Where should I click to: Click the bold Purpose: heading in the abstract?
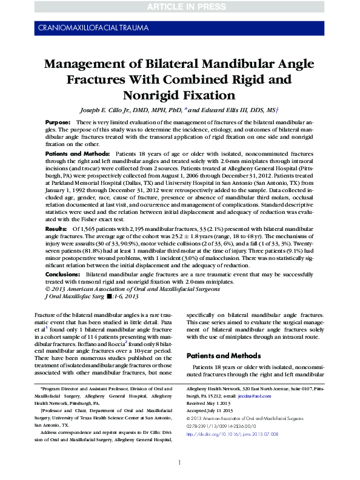(58, 122)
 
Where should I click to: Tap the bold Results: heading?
(56, 228)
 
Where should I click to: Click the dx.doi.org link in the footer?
(232, 433)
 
